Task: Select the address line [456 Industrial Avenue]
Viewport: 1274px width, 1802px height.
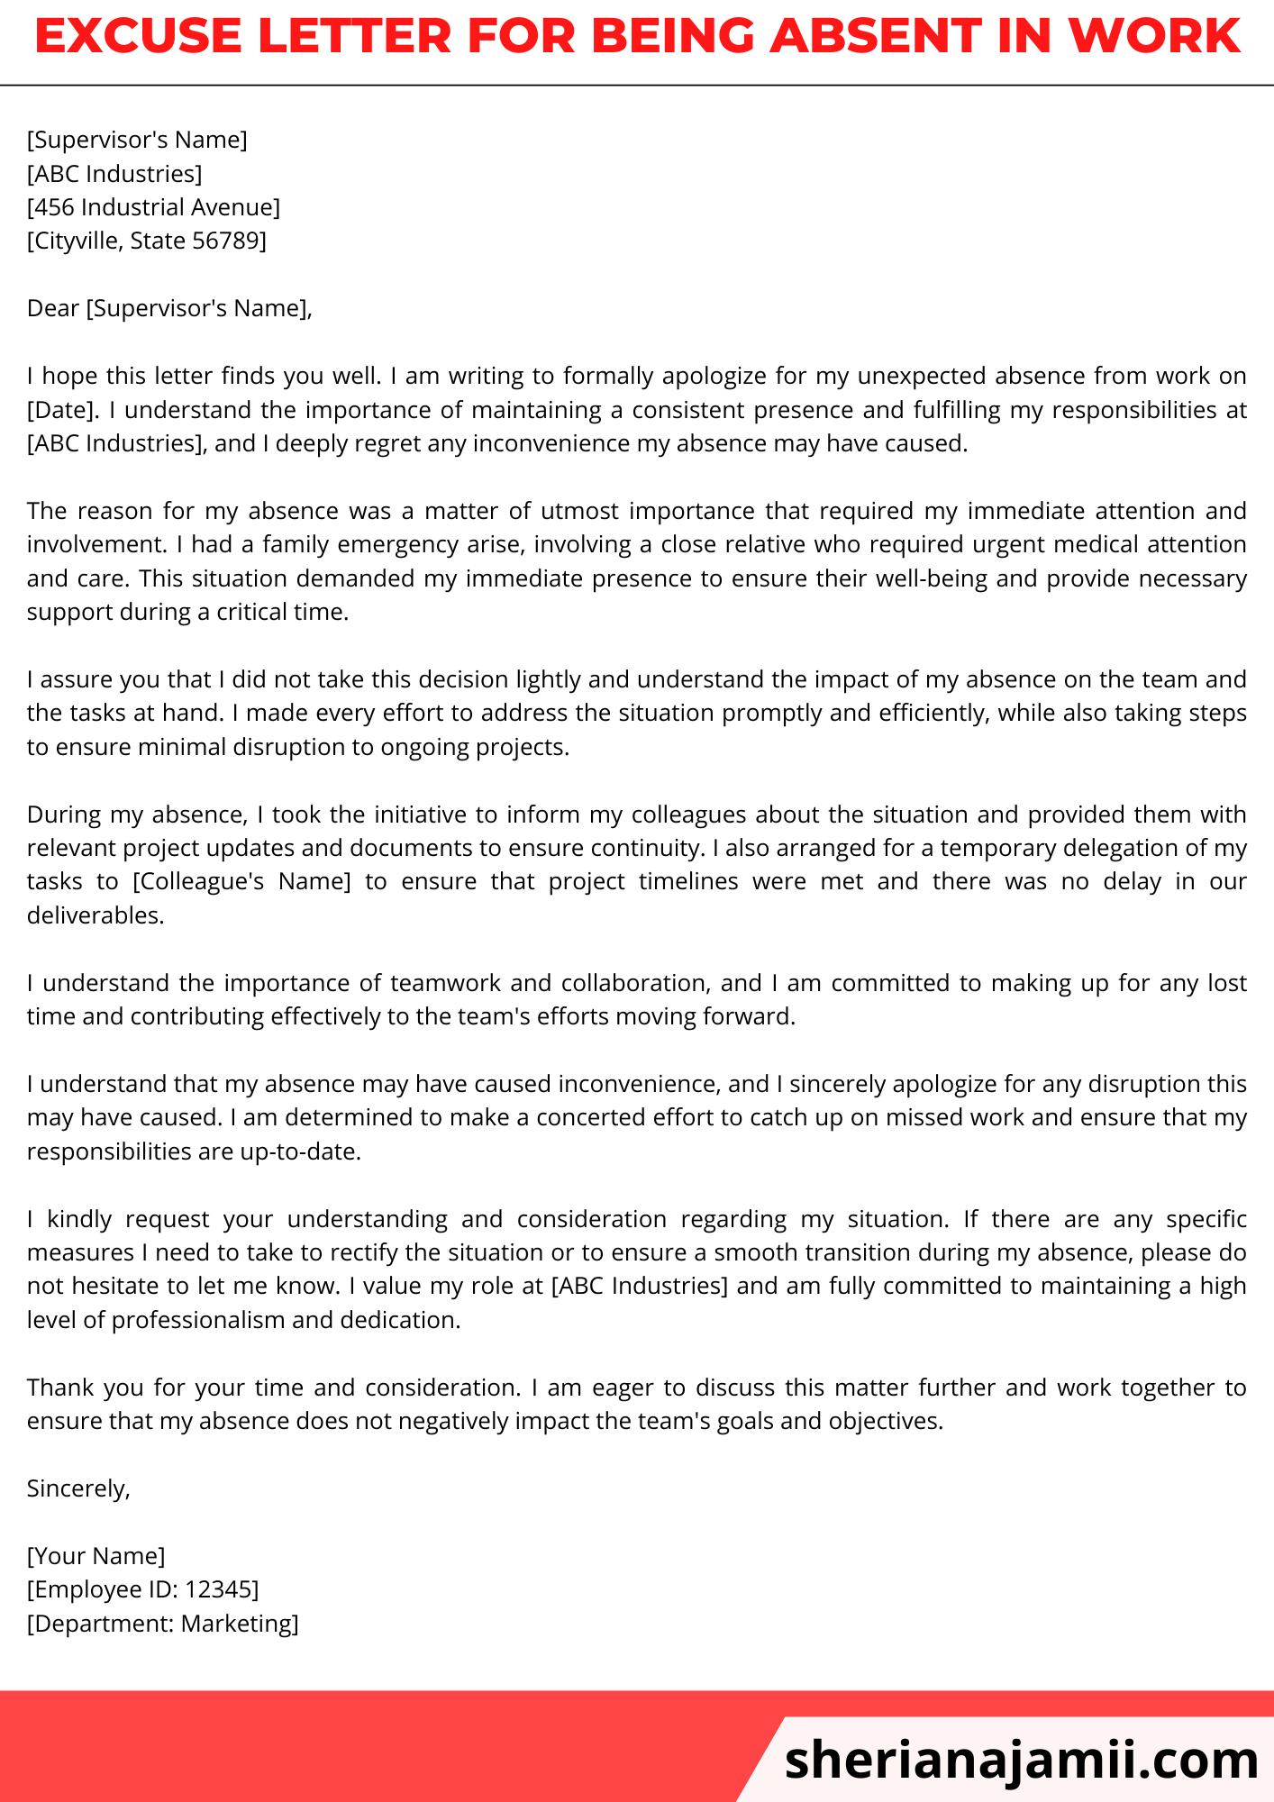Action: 153,207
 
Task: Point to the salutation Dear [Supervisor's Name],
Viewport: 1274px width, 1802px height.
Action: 169,309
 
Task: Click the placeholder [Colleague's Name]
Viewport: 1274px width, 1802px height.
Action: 241,882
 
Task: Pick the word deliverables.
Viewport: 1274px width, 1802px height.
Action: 96,916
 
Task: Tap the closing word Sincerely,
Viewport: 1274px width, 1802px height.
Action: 78,1489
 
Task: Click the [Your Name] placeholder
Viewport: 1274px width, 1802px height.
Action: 96,1557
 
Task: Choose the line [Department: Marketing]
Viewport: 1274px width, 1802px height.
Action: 162,1625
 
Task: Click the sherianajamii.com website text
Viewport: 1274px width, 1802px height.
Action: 1021,1759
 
